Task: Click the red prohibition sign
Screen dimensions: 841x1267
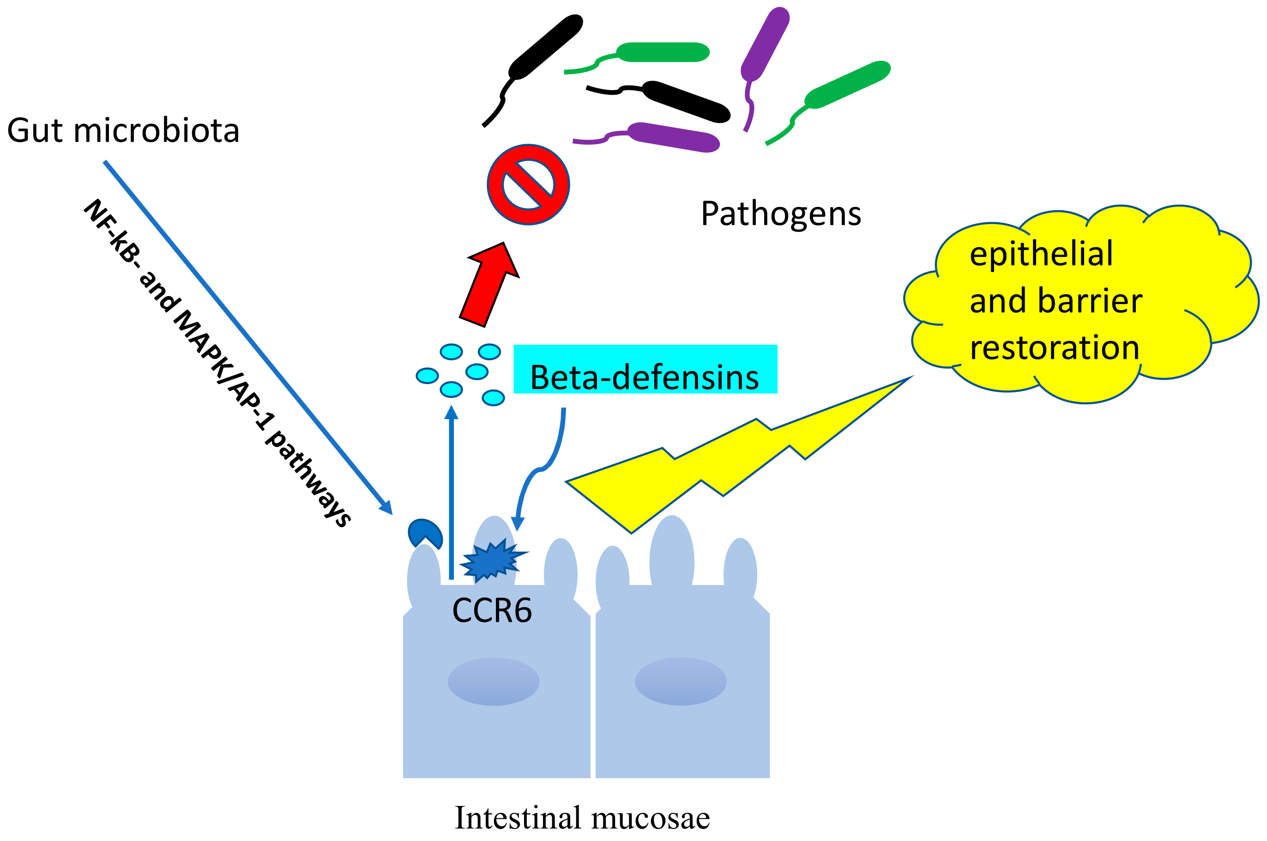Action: [528, 184]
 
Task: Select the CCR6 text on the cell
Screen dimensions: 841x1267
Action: [491, 611]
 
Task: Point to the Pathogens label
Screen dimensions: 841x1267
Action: [780, 214]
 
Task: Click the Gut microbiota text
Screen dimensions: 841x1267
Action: [123, 130]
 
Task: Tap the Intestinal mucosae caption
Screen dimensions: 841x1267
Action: [582, 818]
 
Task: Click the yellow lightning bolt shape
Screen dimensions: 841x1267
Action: [697, 461]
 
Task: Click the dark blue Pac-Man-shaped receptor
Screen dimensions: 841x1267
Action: [424, 533]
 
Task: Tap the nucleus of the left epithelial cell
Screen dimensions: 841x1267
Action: [493, 681]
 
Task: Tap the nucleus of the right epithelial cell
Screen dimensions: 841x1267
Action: [680, 681]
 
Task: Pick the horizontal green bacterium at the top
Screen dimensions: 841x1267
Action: [663, 53]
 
